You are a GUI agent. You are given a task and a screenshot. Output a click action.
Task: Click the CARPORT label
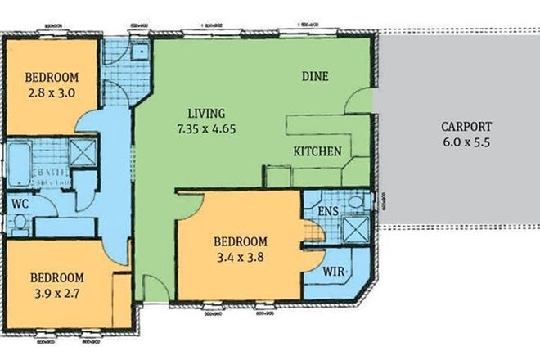click(x=466, y=127)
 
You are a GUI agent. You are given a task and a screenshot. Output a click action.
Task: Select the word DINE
click(x=315, y=77)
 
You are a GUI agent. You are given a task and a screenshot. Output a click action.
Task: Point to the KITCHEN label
click(x=317, y=152)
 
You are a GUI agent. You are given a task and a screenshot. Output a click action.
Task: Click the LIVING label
click(x=205, y=113)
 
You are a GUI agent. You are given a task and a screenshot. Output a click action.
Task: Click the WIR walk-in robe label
click(x=331, y=270)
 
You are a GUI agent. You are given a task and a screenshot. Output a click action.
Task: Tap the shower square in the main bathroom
click(x=82, y=151)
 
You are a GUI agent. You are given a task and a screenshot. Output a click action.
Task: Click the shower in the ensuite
click(x=354, y=227)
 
